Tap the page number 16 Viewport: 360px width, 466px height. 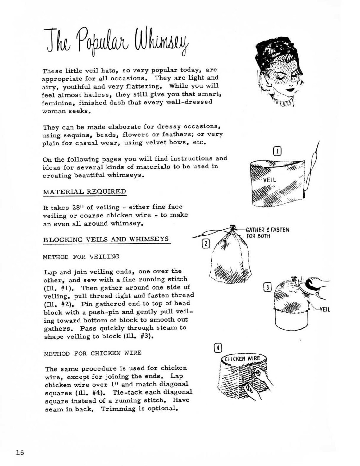click(x=20, y=452)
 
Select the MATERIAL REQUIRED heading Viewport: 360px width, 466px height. click(x=84, y=192)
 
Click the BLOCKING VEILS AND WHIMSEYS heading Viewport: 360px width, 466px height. click(x=106, y=240)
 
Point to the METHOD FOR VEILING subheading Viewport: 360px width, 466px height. click(x=81, y=257)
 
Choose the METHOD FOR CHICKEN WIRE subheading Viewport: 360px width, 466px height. click(x=93, y=353)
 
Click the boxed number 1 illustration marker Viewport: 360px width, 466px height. click(x=277, y=151)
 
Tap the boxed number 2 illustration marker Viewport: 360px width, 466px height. click(x=206, y=244)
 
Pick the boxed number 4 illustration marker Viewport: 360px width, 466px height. click(x=218, y=348)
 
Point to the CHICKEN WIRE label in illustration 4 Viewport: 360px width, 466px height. click(x=242, y=359)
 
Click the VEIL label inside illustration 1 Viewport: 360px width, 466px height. click(x=269, y=180)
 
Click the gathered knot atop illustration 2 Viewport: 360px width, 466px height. click(x=232, y=229)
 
